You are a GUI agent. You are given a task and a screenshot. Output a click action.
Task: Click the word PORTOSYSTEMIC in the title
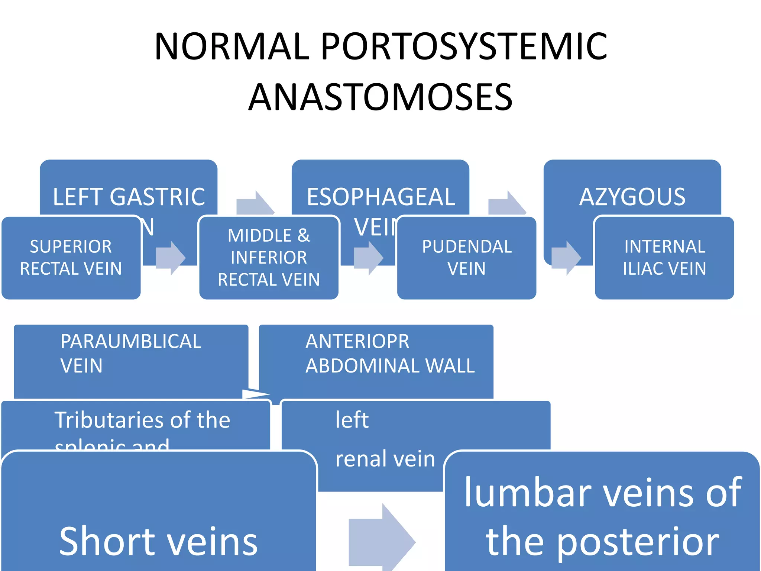[x=464, y=46]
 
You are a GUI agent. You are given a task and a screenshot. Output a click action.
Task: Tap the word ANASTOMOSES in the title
[x=380, y=97]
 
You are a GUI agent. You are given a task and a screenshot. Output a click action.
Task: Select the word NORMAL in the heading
[x=232, y=46]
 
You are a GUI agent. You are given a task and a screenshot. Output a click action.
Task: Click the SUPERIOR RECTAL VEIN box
[x=71, y=258]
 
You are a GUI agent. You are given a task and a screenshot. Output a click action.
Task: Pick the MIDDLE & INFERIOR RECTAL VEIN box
[x=269, y=258]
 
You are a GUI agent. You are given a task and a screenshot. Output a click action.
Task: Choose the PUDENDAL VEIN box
[x=467, y=258]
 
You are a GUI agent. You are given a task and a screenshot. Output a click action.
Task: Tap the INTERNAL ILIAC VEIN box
[x=664, y=258]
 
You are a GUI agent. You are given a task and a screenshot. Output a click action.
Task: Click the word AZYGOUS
[x=632, y=197]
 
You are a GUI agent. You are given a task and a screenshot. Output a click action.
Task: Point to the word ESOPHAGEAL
[x=380, y=197]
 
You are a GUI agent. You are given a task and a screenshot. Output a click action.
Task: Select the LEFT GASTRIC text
[x=129, y=197]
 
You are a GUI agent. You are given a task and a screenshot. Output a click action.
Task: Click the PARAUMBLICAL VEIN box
[x=131, y=353]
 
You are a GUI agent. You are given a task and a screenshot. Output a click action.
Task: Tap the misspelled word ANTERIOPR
[x=357, y=341]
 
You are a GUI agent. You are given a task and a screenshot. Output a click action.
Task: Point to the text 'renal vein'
[x=385, y=459]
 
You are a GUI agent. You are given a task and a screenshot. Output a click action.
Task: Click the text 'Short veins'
[x=158, y=541]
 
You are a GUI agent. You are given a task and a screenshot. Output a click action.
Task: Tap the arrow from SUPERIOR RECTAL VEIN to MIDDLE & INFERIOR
[x=170, y=258]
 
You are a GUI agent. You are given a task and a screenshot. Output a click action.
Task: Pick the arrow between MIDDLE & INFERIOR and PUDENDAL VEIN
[x=368, y=258]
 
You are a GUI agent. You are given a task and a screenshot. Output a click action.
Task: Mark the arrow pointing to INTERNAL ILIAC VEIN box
[x=566, y=258]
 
